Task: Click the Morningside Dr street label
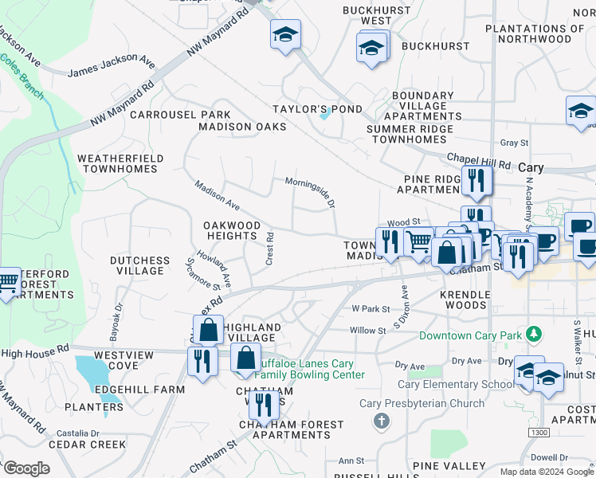309,191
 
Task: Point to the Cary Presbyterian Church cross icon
382,419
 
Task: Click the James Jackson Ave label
111,66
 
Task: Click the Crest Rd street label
270,249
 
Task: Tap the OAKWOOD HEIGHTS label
232,231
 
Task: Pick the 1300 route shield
538,431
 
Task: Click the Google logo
25,468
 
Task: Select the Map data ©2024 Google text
546,472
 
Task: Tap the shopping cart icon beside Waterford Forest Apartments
7,282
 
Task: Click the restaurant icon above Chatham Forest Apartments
262,405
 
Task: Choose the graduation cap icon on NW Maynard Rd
285,35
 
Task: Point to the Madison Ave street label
217,194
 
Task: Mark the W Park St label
371,308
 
